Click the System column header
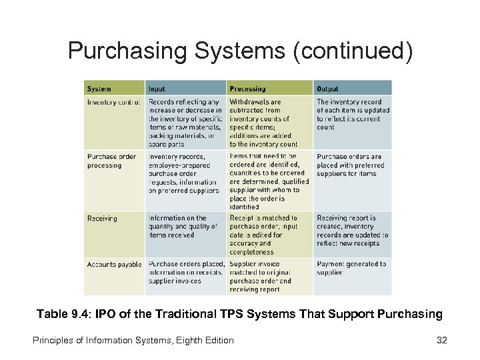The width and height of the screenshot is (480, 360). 99,89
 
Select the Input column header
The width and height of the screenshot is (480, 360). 157,89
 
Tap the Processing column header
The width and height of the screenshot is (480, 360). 247,89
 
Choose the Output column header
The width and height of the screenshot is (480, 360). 327,89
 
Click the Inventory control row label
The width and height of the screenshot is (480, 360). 113,102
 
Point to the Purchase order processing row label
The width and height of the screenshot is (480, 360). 112,161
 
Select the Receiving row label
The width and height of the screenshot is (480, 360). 102,218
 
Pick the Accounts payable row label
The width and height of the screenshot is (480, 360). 114,265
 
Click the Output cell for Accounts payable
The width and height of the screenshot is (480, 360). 351,268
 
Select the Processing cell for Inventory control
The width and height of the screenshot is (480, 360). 263,123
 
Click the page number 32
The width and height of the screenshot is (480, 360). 441,341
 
